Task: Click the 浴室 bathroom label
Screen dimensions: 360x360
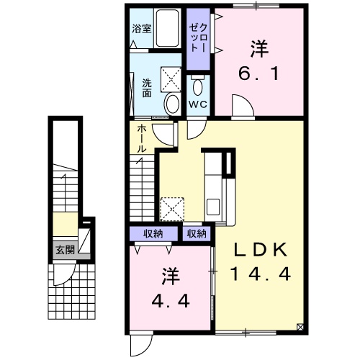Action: pos(142,29)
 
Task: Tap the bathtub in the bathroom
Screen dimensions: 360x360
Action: pos(168,28)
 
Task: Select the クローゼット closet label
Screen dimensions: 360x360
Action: pos(198,37)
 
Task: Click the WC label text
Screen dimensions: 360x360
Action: pos(198,104)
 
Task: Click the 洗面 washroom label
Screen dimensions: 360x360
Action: pos(147,88)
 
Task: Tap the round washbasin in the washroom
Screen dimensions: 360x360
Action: pos(172,104)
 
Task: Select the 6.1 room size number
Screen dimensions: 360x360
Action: pos(259,73)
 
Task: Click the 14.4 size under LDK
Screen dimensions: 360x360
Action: pos(261,274)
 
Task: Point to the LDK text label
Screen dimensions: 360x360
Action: pos(261,250)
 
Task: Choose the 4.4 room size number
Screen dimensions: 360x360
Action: pos(171,301)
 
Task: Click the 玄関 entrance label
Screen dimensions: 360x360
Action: pos(66,250)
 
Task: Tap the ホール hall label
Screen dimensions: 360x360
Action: pos(142,140)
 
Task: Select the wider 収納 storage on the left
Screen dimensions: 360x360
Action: pos(153,233)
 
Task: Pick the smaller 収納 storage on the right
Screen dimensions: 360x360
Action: pos(197,233)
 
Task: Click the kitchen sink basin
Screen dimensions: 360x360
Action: pos(213,207)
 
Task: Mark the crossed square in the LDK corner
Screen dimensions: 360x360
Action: pos(300,327)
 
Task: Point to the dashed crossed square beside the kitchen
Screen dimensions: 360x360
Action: pos(172,209)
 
